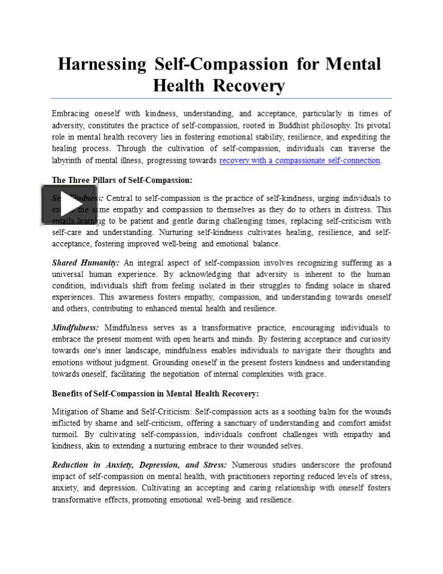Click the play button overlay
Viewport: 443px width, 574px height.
[69, 206]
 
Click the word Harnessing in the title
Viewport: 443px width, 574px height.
[102, 65]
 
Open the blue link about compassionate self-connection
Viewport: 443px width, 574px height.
[300, 160]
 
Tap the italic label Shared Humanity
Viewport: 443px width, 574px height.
[85, 262]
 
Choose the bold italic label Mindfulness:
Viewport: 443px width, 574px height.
[75, 328]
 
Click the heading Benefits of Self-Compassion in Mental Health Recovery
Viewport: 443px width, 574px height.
[155, 393]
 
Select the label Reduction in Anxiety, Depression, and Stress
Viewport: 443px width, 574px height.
[139, 465]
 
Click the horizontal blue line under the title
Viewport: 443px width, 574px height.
[221, 98]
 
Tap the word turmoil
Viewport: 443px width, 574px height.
[65, 435]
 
